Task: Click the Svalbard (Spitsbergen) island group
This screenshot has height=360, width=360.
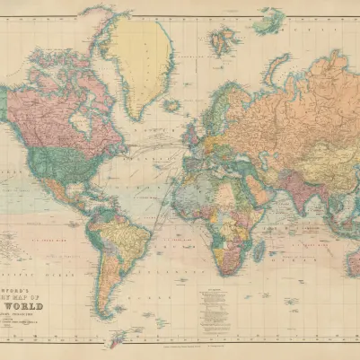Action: coord(222,40)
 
